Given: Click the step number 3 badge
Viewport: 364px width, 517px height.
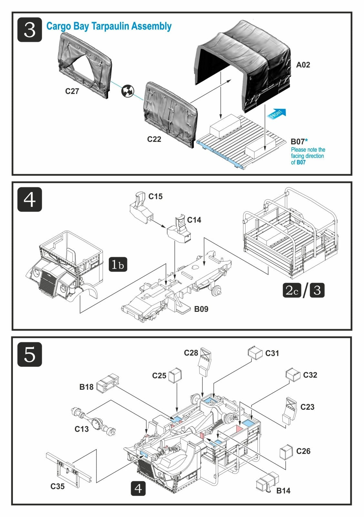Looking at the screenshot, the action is pos(30,30).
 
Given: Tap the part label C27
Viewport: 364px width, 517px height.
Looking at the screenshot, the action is pos(72,91).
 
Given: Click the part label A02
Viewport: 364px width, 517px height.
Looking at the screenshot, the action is pos(303,65).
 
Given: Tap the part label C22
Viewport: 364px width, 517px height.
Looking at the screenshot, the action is pos(154,139).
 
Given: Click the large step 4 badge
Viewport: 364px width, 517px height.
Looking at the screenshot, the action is pos(30,200).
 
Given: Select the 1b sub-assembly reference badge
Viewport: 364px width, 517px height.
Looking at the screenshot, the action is pos(118,264).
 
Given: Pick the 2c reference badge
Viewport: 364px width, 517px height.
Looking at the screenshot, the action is pos(292,290).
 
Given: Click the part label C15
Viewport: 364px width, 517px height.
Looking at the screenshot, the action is pos(155,196).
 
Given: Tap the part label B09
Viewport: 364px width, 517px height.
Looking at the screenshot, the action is pos(201,309).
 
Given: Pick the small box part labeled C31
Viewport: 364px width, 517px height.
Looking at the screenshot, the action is pos(255,353).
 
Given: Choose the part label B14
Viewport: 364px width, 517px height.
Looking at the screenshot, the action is pos(283,491).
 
